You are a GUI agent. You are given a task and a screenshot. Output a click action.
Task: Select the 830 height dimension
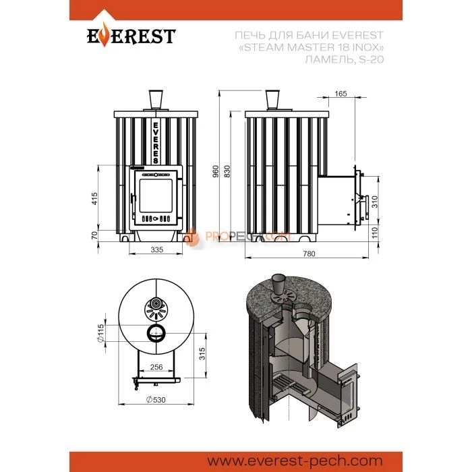tap(228, 173)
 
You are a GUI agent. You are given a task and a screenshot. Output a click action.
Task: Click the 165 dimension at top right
tap(340, 93)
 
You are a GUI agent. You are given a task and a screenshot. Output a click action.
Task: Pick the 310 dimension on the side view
tap(375, 200)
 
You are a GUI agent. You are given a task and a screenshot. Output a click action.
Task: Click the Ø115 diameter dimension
tap(99, 332)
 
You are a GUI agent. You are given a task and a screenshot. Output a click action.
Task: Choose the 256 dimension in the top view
tap(156, 367)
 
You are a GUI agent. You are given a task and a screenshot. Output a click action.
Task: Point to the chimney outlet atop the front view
tap(156, 99)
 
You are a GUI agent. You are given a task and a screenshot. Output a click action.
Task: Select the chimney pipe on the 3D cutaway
tap(278, 281)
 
